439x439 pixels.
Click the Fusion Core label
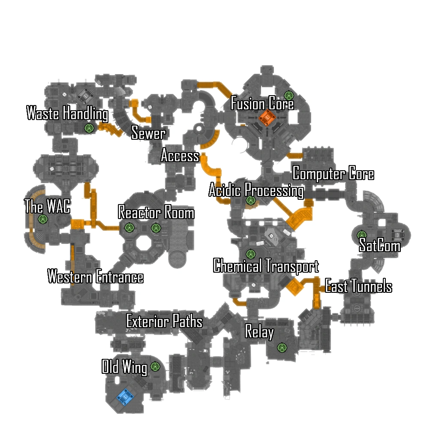[262, 104]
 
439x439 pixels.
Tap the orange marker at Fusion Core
[266, 117]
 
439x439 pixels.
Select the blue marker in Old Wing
[124, 397]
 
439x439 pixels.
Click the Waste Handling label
[67, 114]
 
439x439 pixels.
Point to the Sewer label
[148, 133]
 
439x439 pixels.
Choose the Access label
[180, 156]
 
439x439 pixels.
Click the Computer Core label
[333, 174]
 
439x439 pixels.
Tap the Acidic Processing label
[256, 190]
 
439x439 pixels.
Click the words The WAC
[47, 207]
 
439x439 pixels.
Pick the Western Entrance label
[96, 277]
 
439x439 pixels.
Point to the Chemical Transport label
[266, 266]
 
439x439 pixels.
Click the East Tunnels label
[358, 286]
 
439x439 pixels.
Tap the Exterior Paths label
[164, 321]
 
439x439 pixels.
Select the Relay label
[259, 331]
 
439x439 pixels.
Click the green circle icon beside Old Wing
[155, 367]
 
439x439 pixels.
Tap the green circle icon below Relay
[282, 347]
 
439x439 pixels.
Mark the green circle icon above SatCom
[362, 235]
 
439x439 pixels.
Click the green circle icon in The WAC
[42, 219]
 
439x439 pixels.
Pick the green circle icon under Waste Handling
[89, 128]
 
